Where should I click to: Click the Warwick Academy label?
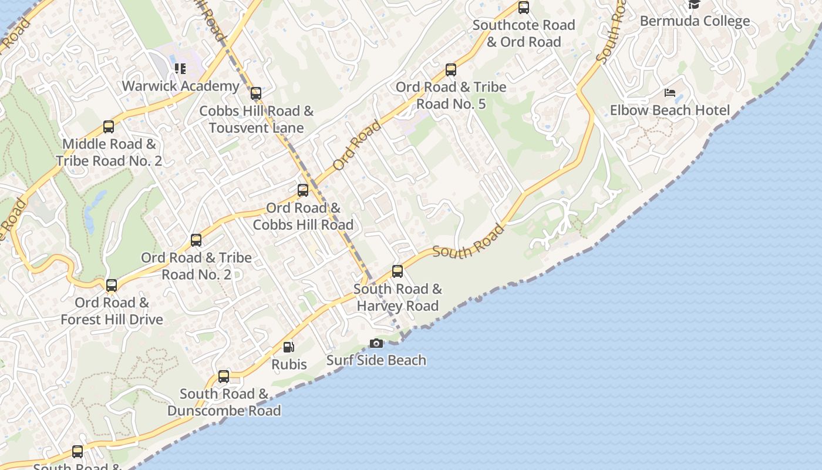(180, 86)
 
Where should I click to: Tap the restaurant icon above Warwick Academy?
(180, 69)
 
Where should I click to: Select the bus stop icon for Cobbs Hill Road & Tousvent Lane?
(256, 93)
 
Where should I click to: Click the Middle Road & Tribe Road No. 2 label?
(109, 152)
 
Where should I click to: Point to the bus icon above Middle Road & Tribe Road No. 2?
(109, 127)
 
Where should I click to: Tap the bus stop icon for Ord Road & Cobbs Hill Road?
(303, 190)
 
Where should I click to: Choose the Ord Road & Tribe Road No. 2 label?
(196, 266)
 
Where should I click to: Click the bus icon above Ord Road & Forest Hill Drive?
(112, 286)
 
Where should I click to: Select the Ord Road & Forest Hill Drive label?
(112, 311)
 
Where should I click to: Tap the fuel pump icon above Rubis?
(288, 347)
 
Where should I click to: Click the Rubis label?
(289, 364)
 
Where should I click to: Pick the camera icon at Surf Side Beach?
(376, 343)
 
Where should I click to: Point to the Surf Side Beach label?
(376, 360)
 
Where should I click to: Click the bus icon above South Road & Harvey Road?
(397, 271)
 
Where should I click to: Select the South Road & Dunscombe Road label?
(224, 402)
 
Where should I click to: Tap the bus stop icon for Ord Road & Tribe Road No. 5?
(451, 70)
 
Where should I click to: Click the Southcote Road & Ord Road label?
(524, 33)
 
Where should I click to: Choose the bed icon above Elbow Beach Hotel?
(670, 93)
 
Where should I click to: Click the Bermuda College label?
(695, 21)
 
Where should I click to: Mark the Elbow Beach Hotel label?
(670, 110)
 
